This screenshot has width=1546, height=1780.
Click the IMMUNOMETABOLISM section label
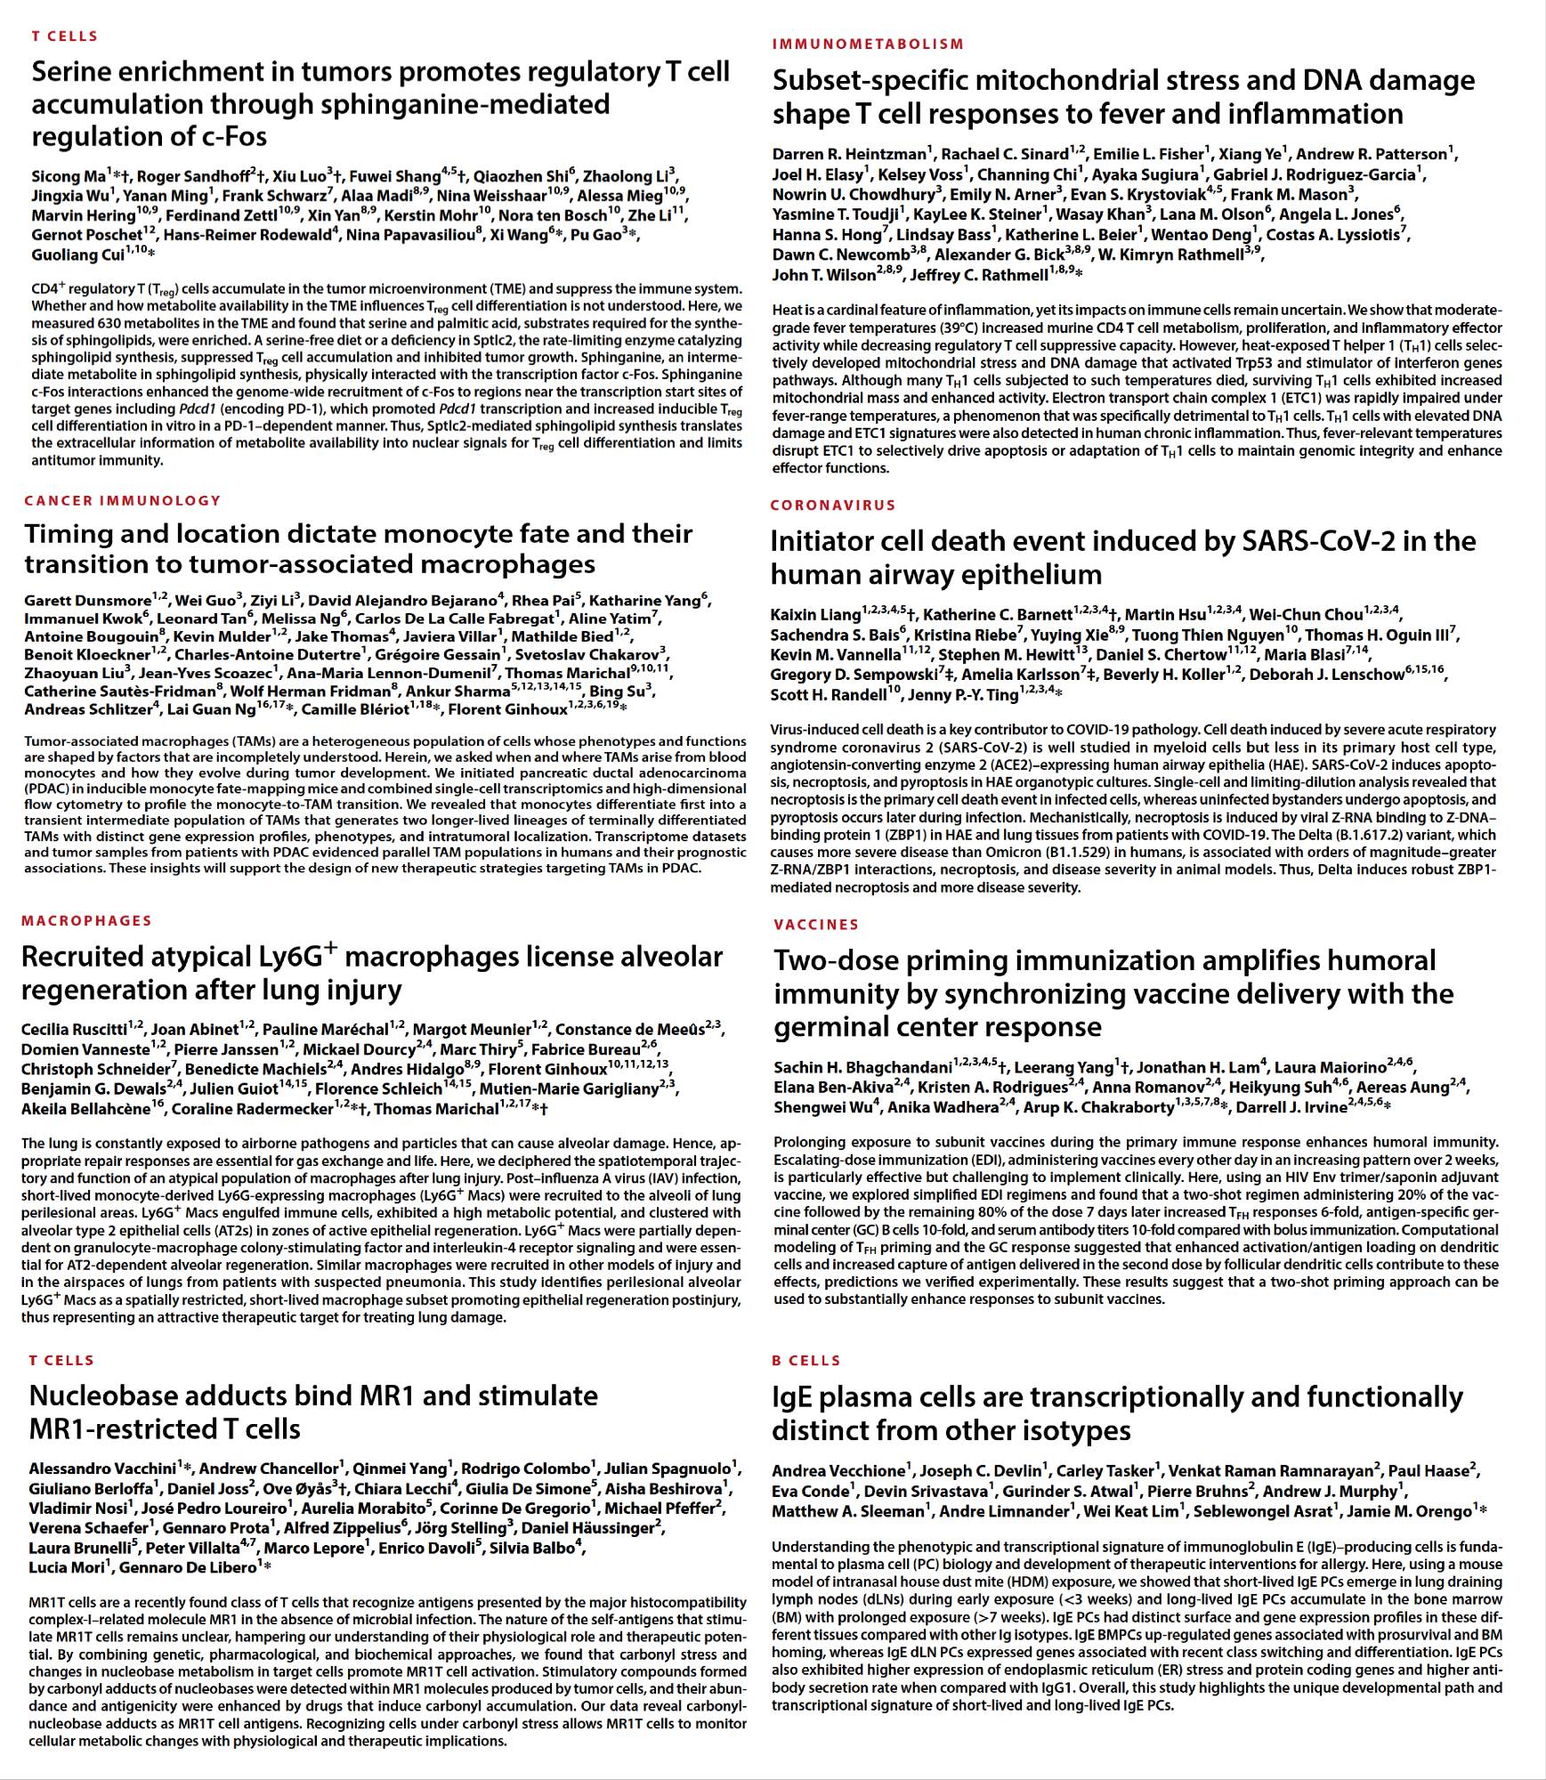pyautogui.click(x=868, y=44)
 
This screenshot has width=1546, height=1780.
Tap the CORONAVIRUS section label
pyautogui.click(x=833, y=505)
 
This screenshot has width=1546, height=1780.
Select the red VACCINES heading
pyautogui.click(x=816, y=925)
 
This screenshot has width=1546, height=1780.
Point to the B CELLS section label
pyautogui.click(x=806, y=1361)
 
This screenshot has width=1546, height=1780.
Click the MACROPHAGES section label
pyautogui.click(x=86, y=920)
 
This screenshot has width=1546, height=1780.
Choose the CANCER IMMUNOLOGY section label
pyautogui.click(x=123, y=500)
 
